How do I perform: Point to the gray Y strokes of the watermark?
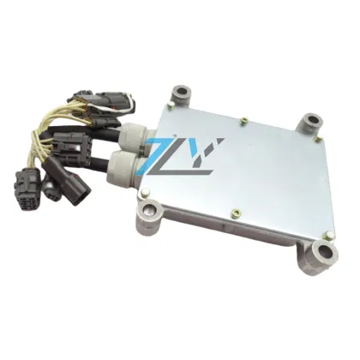[x=206, y=153]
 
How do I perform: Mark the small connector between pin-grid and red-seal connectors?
[x=51, y=188]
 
